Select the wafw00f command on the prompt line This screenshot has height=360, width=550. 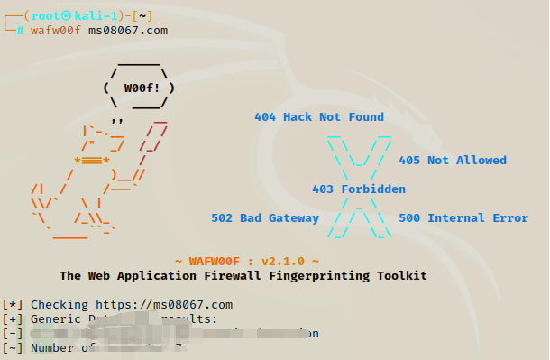tap(56, 31)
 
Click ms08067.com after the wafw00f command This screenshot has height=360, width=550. tap(127, 31)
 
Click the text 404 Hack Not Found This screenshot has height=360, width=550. tap(318, 117)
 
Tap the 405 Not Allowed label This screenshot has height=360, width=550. tap(452, 161)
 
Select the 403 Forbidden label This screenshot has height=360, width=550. tap(358, 189)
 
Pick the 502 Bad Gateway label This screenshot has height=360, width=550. tap(264, 218)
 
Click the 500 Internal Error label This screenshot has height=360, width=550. tap(463, 218)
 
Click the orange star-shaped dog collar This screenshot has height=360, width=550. tap(92, 162)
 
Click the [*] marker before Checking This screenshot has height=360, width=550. tap(13, 304)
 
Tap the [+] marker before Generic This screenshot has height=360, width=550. tap(13, 318)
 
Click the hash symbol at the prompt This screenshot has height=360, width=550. tap(20, 31)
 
